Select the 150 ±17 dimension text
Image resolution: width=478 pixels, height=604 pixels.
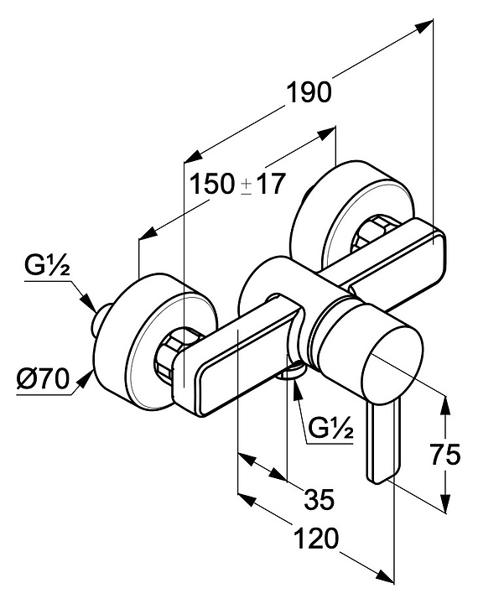click(x=238, y=184)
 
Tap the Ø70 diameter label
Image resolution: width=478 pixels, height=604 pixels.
click(x=43, y=379)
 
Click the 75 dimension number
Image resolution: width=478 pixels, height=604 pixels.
click(x=445, y=455)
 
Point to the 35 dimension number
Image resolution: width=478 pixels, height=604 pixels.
click(x=320, y=500)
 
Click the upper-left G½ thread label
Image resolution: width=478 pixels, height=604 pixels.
click(x=47, y=266)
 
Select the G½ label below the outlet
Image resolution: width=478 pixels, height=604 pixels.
click(x=330, y=429)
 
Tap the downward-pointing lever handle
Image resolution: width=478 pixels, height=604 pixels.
click(x=383, y=441)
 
